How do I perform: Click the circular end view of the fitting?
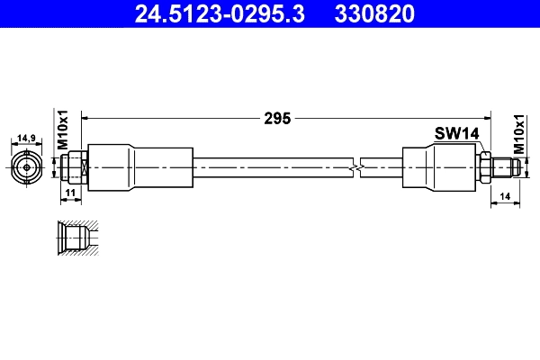(x=27, y=166)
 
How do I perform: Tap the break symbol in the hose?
(x=359, y=166)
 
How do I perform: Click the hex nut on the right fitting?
(x=484, y=166)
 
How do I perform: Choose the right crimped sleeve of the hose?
(x=436, y=166)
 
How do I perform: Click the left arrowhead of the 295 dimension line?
(x=87, y=117)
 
